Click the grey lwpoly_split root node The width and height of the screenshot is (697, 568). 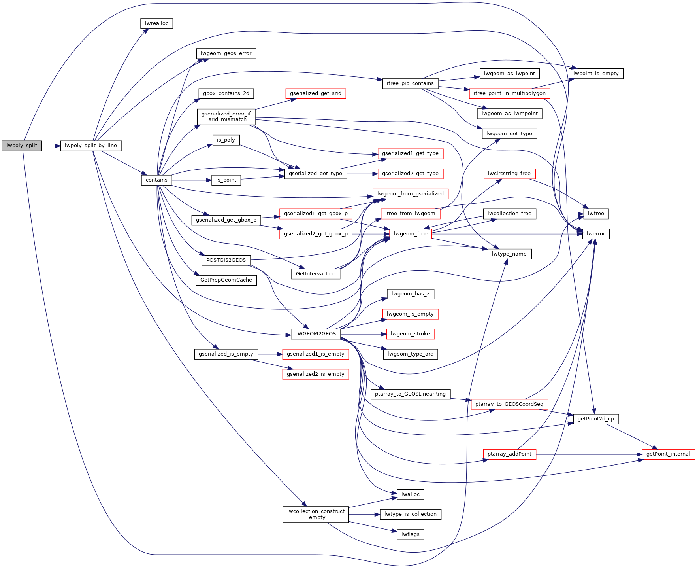pyautogui.click(x=22, y=146)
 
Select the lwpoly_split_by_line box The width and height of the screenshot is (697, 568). pyautogui.click(x=91, y=146)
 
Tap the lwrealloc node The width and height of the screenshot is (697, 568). pyautogui.click(x=156, y=23)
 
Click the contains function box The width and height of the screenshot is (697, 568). pyautogui.click(x=156, y=180)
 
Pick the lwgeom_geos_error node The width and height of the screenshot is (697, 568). pyautogui.click(x=226, y=53)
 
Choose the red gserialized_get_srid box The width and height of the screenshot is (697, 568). pyautogui.click(x=315, y=94)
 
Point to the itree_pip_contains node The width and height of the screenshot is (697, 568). pyautogui.click(x=410, y=83)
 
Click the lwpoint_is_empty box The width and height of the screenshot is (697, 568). pyautogui.click(x=596, y=74)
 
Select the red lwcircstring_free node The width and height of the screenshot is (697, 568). pyautogui.click(x=509, y=174)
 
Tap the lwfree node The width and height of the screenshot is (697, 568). pyautogui.click(x=596, y=214)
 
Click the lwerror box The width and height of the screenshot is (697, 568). pyautogui.click(x=596, y=234)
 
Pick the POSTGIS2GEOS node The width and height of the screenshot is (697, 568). pyautogui.click(x=226, y=260)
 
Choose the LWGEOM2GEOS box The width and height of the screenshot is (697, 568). pyautogui.click(x=315, y=334)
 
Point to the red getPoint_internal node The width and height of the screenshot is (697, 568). pyautogui.click(x=668, y=454)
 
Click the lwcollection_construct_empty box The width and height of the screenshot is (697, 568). pyautogui.click(x=316, y=514)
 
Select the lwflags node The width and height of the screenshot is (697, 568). pyautogui.click(x=410, y=534)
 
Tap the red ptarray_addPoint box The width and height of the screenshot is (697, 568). pyautogui.click(x=509, y=454)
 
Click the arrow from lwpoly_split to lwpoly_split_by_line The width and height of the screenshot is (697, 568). pyautogui.click(x=51, y=146)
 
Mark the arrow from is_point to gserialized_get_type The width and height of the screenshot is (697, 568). pyautogui.click(x=263, y=178)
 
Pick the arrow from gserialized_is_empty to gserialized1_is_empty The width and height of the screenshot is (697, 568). pyautogui.click(x=270, y=354)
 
